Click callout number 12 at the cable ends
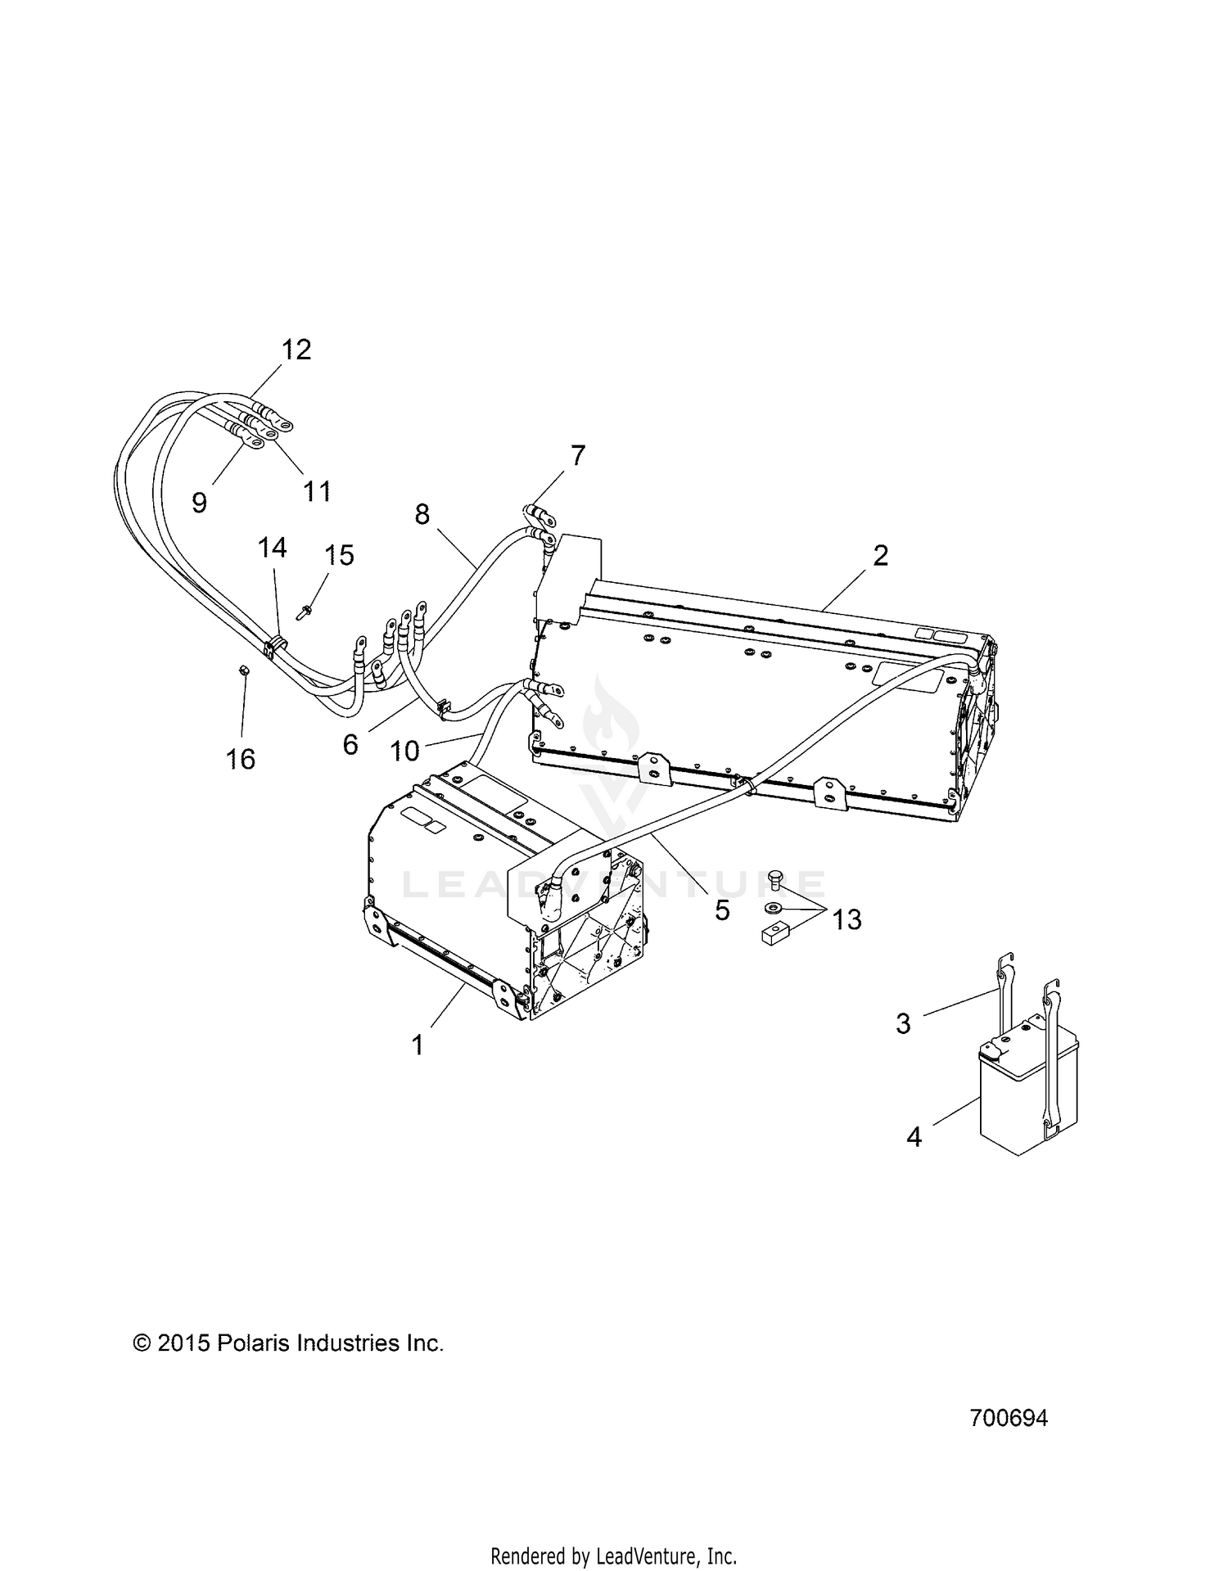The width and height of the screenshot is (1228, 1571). [x=296, y=350]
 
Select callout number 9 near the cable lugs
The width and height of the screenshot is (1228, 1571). [x=200, y=502]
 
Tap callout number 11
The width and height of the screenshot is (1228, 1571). [x=318, y=491]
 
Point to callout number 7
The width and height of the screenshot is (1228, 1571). [x=578, y=455]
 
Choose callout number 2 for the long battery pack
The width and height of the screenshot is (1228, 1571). [x=880, y=556]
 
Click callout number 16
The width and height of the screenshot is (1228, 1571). [x=241, y=759]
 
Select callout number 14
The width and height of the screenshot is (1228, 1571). [x=273, y=548]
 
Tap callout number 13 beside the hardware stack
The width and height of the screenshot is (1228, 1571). [x=847, y=920]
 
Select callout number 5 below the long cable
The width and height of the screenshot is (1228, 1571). [x=721, y=910]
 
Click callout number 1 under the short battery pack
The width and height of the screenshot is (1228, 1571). [x=418, y=1045]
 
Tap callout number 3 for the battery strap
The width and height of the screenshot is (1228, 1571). [x=903, y=1023]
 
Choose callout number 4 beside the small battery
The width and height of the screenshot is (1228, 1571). [x=914, y=1136]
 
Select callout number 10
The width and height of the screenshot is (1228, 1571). [x=404, y=750]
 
